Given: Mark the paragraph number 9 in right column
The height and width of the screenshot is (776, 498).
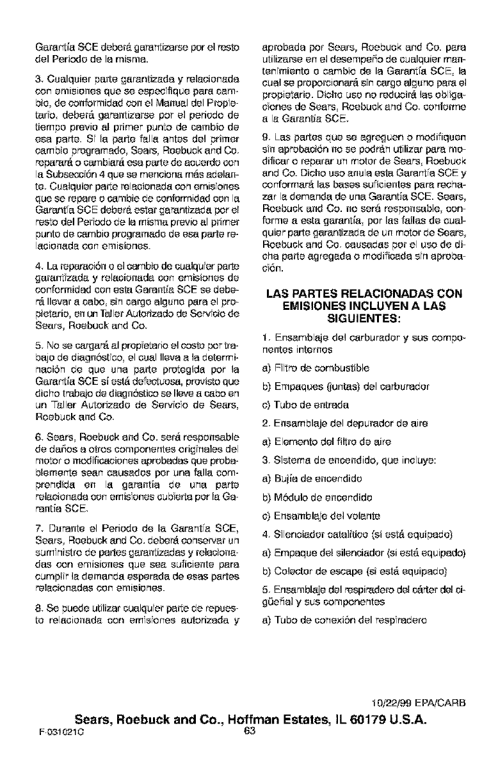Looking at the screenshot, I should pyautogui.click(x=266, y=138).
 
